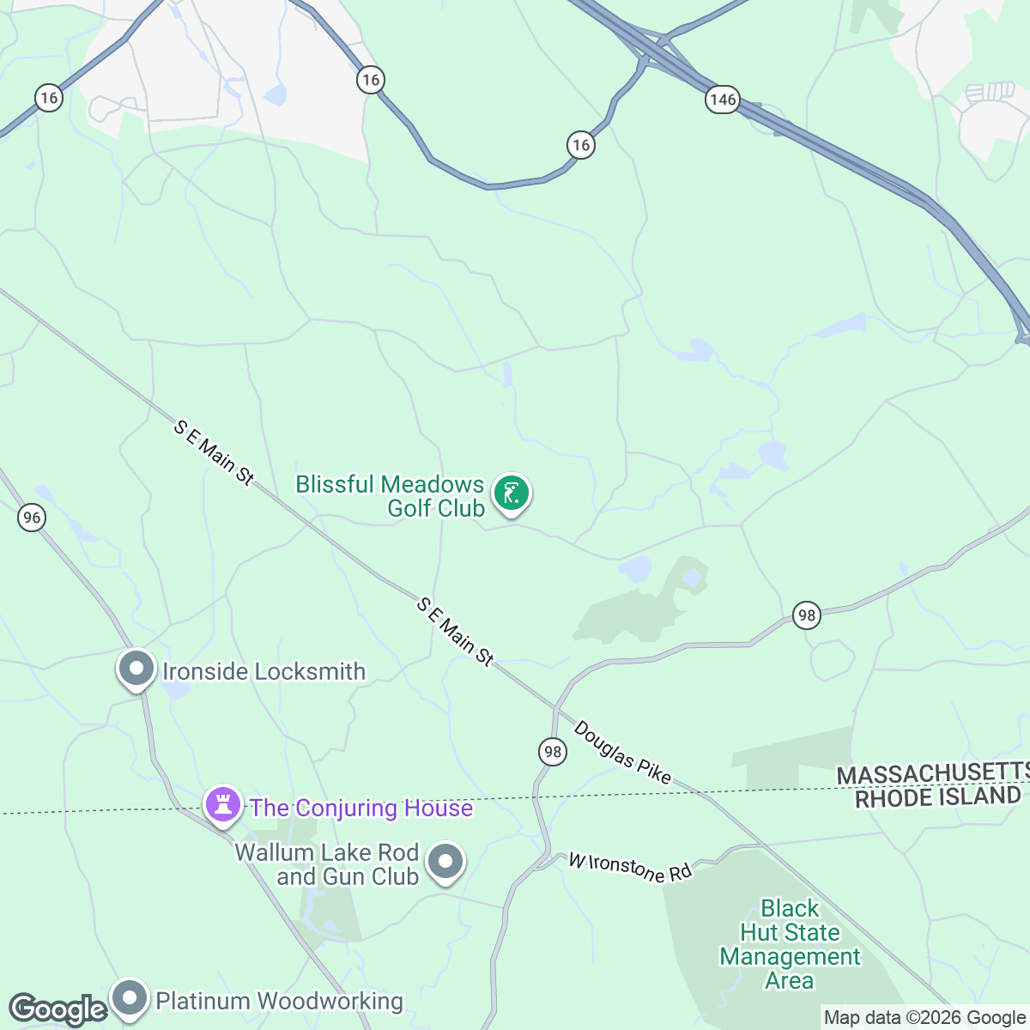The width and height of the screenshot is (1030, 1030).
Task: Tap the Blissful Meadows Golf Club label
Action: click(x=391, y=496)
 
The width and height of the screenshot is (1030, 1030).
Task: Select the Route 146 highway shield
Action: click(x=723, y=100)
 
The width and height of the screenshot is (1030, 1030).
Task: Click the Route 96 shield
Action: click(x=32, y=518)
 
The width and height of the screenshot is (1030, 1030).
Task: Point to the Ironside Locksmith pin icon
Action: click(x=136, y=669)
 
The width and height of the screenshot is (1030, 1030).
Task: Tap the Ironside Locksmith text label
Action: click(x=264, y=671)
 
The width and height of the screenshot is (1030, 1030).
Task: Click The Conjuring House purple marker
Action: click(x=223, y=805)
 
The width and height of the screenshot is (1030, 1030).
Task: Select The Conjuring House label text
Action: click(x=361, y=808)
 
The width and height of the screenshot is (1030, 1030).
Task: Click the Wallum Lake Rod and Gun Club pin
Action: click(x=445, y=863)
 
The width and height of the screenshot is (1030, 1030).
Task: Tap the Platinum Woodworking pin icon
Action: click(x=130, y=998)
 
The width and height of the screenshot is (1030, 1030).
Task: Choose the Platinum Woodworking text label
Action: click(x=279, y=1001)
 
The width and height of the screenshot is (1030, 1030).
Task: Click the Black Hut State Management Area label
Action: click(x=790, y=944)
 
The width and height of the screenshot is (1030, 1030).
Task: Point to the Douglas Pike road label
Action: click(x=622, y=752)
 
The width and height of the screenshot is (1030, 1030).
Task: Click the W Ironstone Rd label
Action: click(x=630, y=867)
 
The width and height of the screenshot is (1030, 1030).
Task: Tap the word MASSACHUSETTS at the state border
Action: click(x=932, y=774)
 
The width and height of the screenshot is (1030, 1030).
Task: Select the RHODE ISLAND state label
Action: click(x=937, y=797)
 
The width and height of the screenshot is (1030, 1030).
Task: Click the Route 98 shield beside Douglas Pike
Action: click(x=553, y=752)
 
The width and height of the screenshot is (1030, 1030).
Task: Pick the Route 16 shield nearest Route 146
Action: click(x=581, y=144)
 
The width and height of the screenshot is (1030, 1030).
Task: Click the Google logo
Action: click(x=58, y=1009)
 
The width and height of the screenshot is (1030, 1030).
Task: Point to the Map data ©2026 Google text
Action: click(x=924, y=1018)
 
